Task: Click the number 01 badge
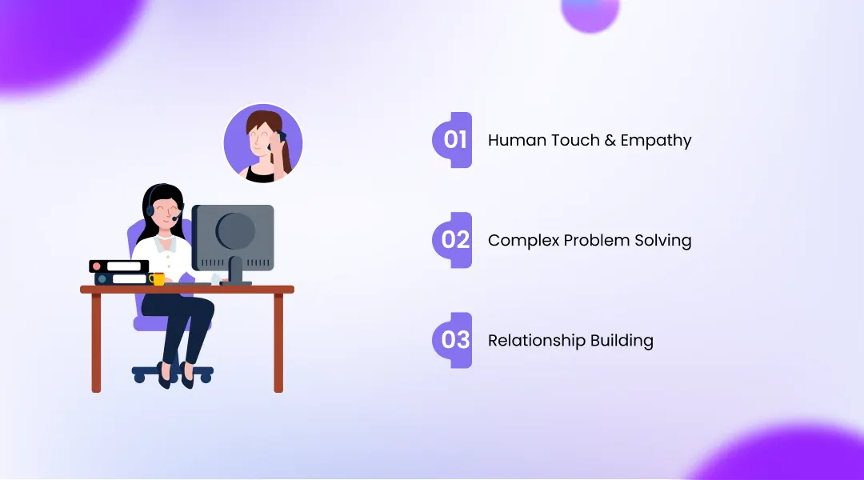click(x=454, y=140)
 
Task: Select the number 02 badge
click(x=454, y=240)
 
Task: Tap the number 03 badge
click(x=454, y=340)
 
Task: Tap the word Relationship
click(x=536, y=341)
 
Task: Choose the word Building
click(x=622, y=341)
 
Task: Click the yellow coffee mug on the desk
click(x=158, y=279)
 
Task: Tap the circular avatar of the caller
click(x=262, y=144)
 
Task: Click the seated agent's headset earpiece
click(x=151, y=210)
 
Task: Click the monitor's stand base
click(x=235, y=282)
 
